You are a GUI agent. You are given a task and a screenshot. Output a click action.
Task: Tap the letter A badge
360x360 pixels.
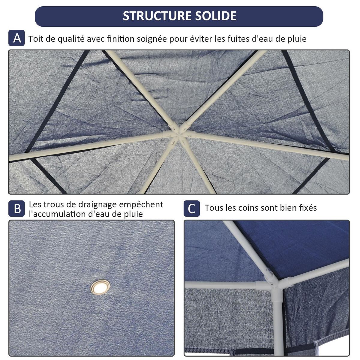click(17, 38)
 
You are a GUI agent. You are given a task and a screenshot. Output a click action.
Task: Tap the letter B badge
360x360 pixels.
click(17, 208)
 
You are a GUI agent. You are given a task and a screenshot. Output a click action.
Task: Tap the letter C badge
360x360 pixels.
click(192, 208)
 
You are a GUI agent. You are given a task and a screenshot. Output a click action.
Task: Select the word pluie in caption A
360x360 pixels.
click(295, 39)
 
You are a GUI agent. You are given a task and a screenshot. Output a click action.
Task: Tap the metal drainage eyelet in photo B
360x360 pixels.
click(100, 287)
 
